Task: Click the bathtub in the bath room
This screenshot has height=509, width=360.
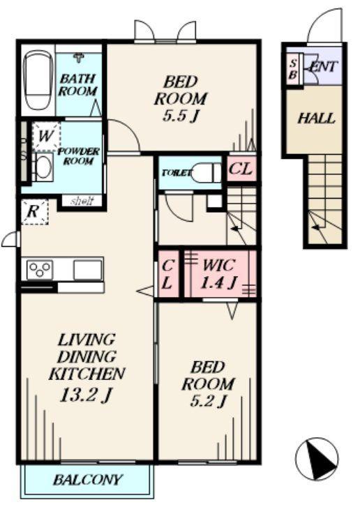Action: (x=39, y=81)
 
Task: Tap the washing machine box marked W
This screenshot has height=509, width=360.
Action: (x=46, y=137)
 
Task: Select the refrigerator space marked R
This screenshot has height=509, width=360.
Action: (x=35, y=212)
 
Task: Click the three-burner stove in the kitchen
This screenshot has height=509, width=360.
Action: (x=40, y=270)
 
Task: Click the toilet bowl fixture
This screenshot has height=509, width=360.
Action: (x=207, y=173)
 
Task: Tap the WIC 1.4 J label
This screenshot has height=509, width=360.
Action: (x=218, y=274)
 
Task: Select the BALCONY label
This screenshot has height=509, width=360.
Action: (x=88, y=480)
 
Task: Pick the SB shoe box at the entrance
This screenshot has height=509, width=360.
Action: (x=293, y=69)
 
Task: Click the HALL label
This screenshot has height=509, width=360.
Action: (x=316, y=119)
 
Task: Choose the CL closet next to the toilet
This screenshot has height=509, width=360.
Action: (x=241, y=169)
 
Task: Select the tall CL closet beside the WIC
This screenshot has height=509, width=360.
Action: (x=168, y=274)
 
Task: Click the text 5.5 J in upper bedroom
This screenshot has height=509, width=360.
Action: (x=181, y=116)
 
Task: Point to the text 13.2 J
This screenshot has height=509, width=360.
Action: (x=86, y=395)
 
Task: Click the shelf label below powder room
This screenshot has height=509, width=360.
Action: (x=82, y=201)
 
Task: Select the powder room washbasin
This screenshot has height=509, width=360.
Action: (x=43, y=166)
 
